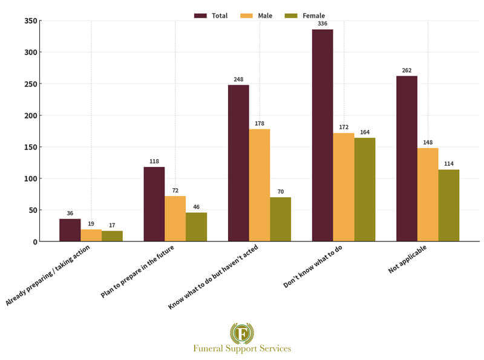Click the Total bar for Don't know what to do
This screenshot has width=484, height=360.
coord(322,136)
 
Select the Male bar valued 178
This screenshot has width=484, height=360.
coord(260,185)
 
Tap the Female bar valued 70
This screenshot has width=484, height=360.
coord(280,219)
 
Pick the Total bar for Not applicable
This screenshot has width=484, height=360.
coord(407,159)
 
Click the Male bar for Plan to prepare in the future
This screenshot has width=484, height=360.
coord(175,218)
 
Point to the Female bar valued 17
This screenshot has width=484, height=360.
coord(112,236)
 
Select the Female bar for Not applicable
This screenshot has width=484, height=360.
coord(449,205)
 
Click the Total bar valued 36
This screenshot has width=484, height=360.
coord(70,230)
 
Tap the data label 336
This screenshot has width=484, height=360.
coord(322,24)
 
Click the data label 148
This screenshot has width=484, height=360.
coord(428,143)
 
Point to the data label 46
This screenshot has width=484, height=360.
coord(196,207)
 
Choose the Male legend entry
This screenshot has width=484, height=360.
coord(264,16)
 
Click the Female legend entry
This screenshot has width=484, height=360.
coord(308,16)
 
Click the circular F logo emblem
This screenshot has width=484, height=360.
coord(242,333)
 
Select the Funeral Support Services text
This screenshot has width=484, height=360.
coord(242,349)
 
